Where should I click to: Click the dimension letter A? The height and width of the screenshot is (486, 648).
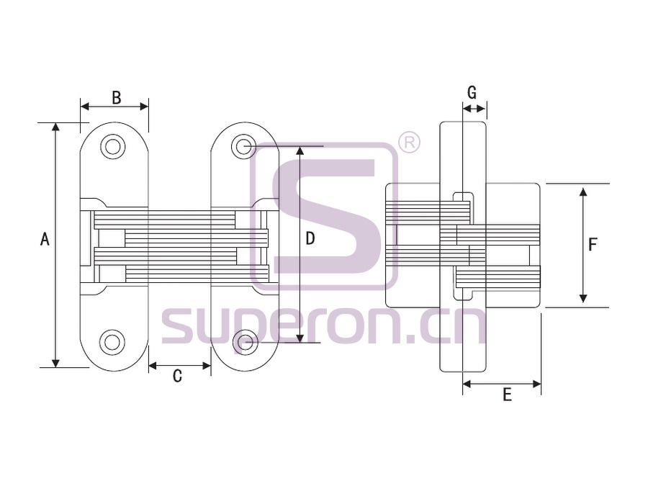[x=45, y=239]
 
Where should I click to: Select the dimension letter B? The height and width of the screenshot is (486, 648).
[x=117, y=97]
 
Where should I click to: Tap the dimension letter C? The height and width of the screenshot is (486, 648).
[x=177, y=376]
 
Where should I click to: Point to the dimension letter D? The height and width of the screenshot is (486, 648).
[x=310, y=238]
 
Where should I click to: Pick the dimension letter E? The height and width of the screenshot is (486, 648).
[x=507, y=395]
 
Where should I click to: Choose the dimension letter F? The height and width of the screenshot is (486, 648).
[x=593, y=245]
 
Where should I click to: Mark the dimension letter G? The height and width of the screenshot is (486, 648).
[x=472, y=93]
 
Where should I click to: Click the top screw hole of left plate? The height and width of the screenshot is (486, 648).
[x=112, y=146]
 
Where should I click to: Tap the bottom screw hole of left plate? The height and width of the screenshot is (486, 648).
[x=112, y=342]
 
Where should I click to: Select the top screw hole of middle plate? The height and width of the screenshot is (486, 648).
[x=244, y=146]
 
